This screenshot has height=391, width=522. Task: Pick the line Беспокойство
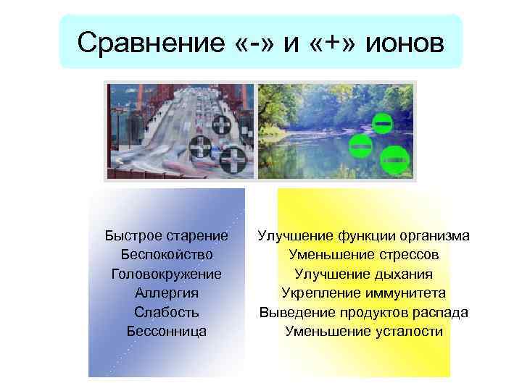point(166,255)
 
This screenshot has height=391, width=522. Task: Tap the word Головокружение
point(166,274)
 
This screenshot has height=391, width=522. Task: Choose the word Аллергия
point(166,293)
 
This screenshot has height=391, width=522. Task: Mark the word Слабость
point(166,312)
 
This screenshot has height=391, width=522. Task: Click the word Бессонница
point(166,332)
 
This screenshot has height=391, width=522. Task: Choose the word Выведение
point(292,312)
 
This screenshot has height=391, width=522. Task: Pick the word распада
point(442,312)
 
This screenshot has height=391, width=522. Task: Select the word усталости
point(407,332)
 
